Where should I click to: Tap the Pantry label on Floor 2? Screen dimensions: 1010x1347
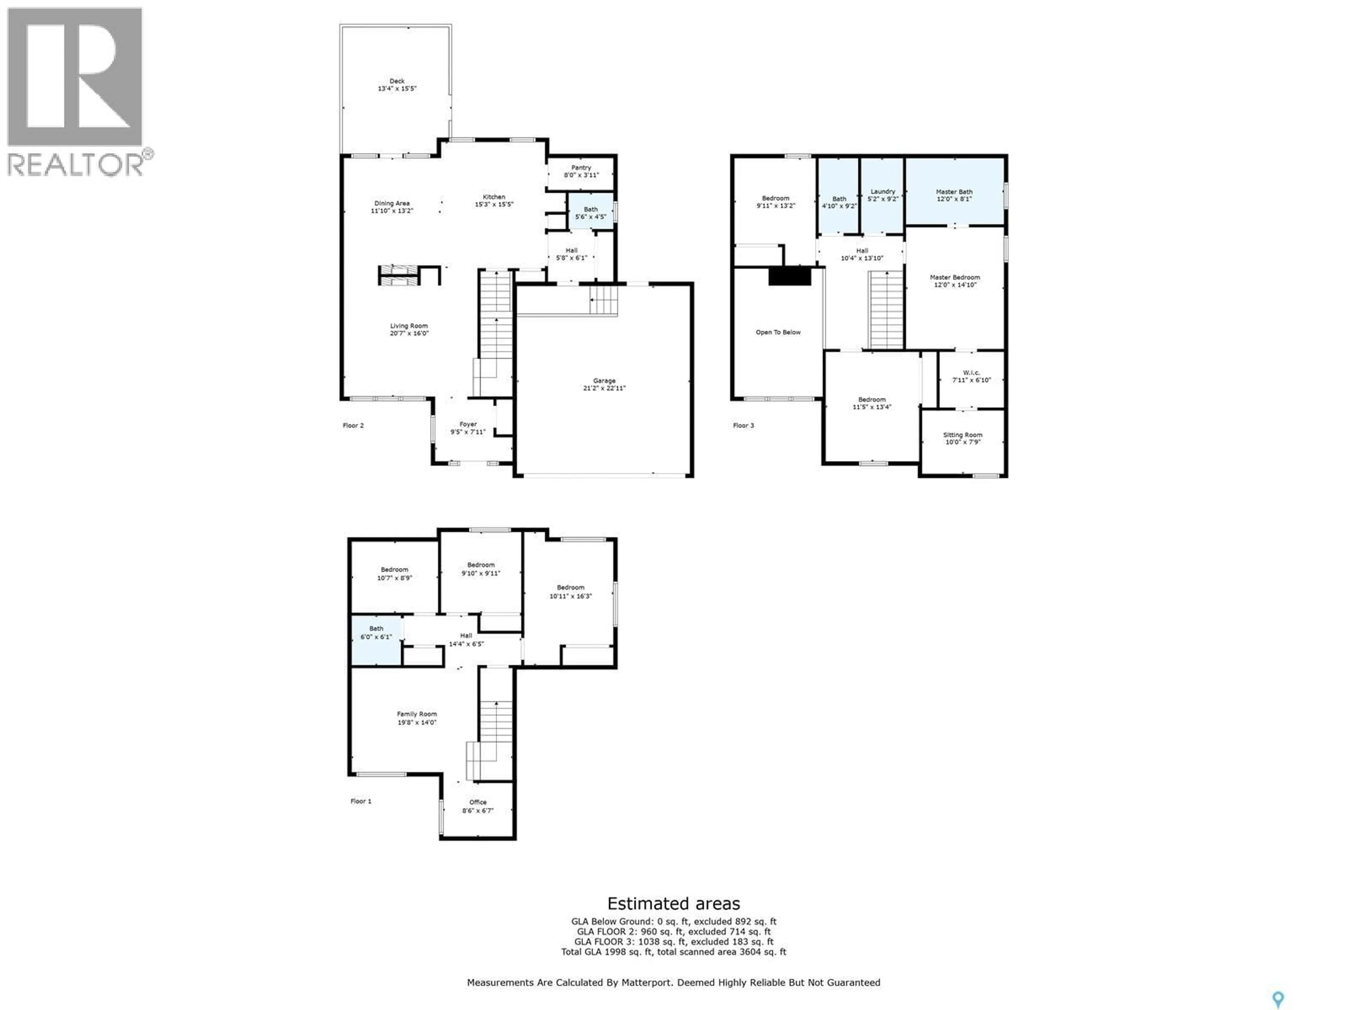(x=581, y=167)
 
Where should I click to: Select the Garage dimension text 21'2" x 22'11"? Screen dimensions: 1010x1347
(x=604, y=388)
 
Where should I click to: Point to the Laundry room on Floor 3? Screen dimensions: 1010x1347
(x=882, y=195)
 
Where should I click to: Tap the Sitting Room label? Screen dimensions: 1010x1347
(x=962, y=435)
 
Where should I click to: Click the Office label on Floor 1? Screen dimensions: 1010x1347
(x=477, y=802)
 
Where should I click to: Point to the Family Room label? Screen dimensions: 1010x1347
(x=416, y=714)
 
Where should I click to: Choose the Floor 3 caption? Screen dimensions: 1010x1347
(x=743, y=425)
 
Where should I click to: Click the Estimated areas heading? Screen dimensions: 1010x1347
(x=673, y=903)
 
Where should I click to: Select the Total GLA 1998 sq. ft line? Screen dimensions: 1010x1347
(x=673, y=951)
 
